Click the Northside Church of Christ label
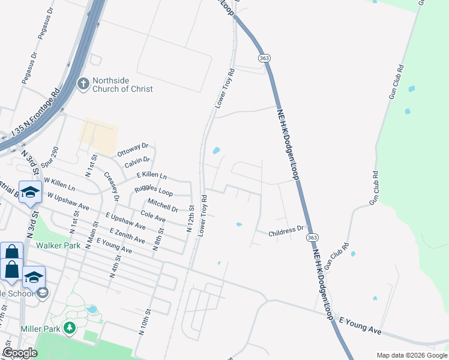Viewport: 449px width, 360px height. (x=122, y=84)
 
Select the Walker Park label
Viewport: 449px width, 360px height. (x=58, y=245)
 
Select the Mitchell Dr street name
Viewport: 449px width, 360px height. (x=162, y=205)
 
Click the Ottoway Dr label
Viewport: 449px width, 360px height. (x=133, y=149)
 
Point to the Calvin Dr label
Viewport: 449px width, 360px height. (x=137, y=161)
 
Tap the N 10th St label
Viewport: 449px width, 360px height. (x=145, y=324)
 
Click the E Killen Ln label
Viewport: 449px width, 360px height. (x=151, y=175)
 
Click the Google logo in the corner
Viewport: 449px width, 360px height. (x=20, y=353)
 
